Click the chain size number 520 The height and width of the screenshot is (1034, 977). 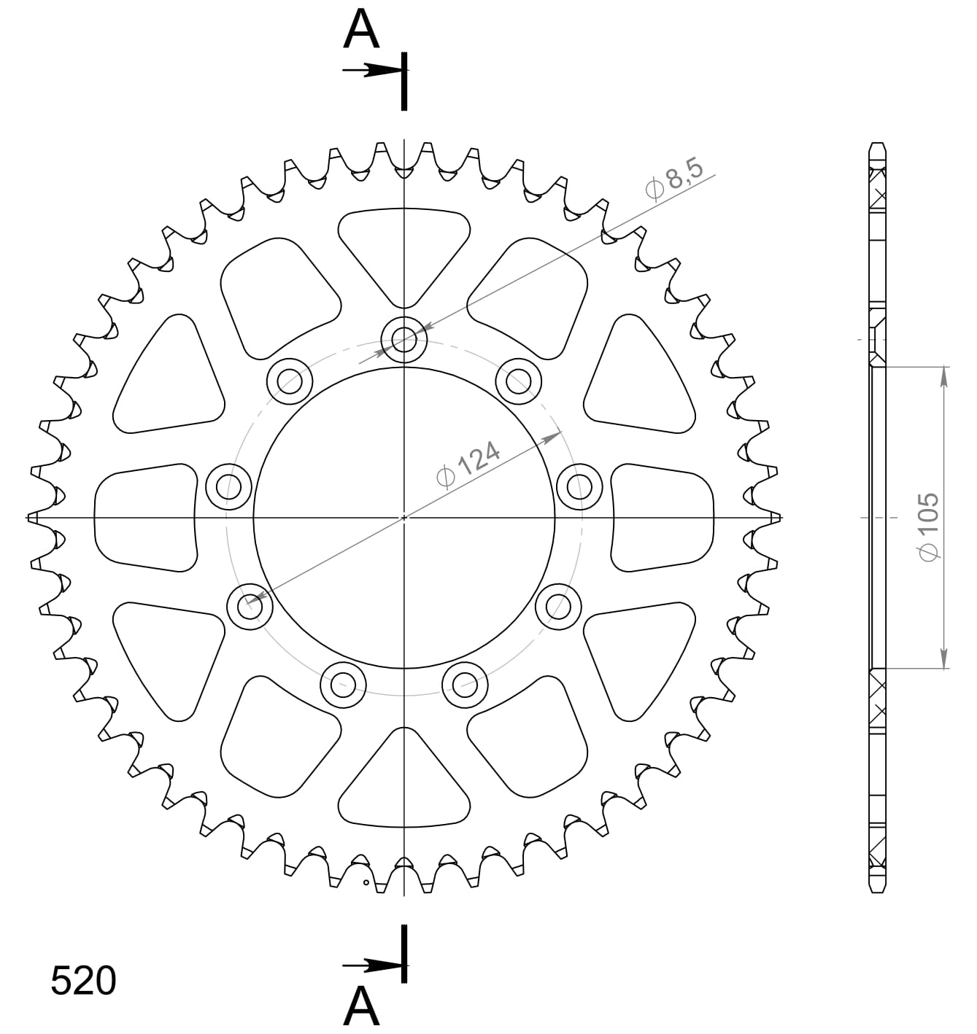pyautogui.click(x=83, y=981)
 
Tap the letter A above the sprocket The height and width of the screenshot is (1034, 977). pyautogui.click(x=362, y=31)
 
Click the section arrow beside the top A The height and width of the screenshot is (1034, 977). pyautogui.click(x=372, y=70)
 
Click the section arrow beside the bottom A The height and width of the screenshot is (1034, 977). pyautogui.click(x=372, y=966)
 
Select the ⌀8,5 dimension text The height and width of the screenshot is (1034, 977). pyautogui.click(x=674, y=179)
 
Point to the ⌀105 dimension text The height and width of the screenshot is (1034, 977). pyautogui.click(x=927, y=526)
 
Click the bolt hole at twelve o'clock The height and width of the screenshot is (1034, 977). pyautogui.click(x=404, y=338)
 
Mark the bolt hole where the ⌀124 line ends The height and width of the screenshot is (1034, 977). pyautogui.click(x=250, y=605)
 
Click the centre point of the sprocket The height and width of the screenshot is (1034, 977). pyautogui.click(x=404, y=517)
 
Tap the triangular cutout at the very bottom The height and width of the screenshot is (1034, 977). pyautogui.click(x=404, y=784)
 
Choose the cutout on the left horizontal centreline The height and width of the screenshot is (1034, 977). pyautogui.click(x=146, y=518)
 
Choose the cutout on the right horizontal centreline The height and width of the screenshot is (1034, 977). pyautogui.click(x=662, y=518)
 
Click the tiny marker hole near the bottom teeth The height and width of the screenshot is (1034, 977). pyautogui.click(x=366, y=882)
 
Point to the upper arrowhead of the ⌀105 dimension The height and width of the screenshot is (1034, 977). pyautogui.click(x=945, y=374)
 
